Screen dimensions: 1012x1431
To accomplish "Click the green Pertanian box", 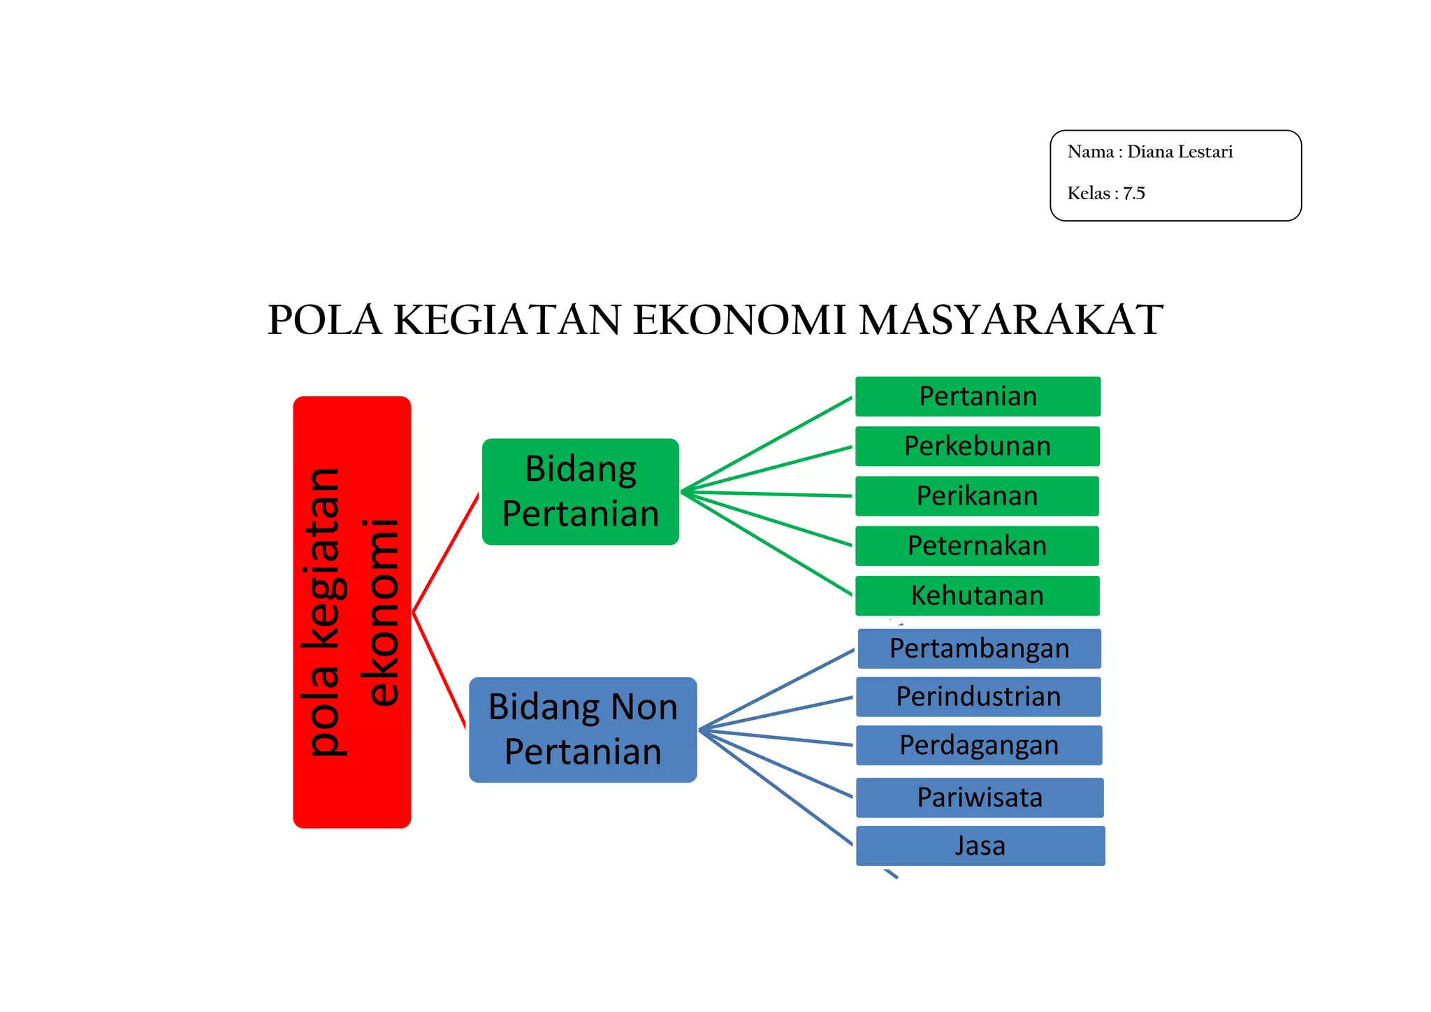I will coord(978,396).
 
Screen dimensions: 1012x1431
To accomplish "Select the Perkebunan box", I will coord(978,446).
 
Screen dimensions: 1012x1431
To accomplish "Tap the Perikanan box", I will coord(978,496).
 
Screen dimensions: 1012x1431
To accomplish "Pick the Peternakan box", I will coord(977,545).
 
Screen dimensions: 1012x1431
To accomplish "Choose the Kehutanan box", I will coord(978,595).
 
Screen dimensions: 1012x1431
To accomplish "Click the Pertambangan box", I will coord(979,649).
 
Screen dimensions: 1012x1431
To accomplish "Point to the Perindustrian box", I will coord(978,697).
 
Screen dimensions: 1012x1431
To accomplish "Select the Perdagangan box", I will coord(979,745).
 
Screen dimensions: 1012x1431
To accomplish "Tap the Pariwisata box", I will coord(980,797).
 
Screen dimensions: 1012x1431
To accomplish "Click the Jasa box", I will coord(980,846).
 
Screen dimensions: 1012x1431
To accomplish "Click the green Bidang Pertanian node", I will coord(580,491).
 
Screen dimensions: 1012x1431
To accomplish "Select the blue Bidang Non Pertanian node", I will coord(583,730).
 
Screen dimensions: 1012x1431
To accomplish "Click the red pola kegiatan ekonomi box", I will coord(351,612).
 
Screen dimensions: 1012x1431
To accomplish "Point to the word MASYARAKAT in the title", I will coord(1010,320).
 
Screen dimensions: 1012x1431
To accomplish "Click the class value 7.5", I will coord(1133,194).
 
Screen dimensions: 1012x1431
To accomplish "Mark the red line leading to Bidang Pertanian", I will coord(446,553).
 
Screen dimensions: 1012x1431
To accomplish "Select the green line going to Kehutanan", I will coord(769,544).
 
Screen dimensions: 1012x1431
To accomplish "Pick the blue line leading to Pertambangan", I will coord(777,690).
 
